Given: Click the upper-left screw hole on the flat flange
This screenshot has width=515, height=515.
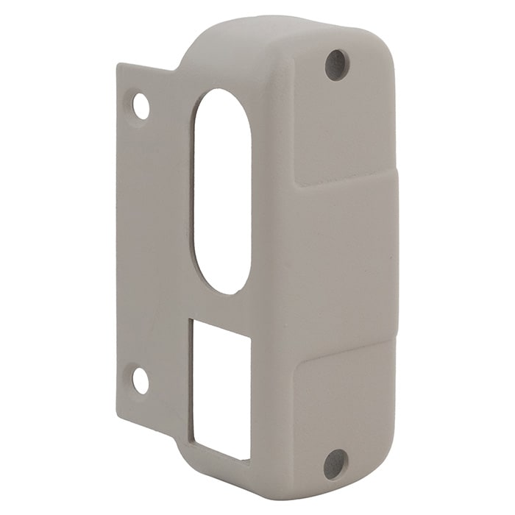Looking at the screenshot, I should [x=141, y=106].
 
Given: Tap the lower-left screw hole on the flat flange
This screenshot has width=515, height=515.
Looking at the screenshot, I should [x=140, y=380].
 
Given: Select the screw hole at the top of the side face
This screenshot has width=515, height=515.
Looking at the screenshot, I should [x=336, y=65].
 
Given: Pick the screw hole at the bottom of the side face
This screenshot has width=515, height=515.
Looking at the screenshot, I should [x=335, y=464].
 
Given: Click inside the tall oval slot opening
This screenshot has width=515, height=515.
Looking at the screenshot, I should [x=221, y=191].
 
